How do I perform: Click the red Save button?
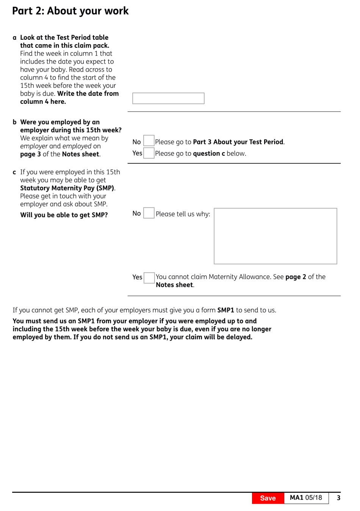[x=268, y=498]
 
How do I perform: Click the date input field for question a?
[x=168, y=98]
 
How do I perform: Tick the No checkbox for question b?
[x=149, y=141]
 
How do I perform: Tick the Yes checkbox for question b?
[x=149, y=153]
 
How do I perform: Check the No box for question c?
[x=149, y=213]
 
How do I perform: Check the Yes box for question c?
[x=149, y=278]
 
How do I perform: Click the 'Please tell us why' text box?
[x=275, y=236]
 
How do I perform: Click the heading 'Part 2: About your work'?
[x=70, y=11]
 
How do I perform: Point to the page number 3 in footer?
[x=338, y=498]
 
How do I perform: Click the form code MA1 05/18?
[x=306, y=498]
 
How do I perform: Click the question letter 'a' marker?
[x=14, y=38]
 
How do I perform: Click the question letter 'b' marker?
[x=14, y=122]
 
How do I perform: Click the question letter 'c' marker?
[x=14, y=172]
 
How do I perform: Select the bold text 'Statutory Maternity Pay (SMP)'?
[x=67, y=188]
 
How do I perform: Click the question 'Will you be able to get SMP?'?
[x=64, y=215]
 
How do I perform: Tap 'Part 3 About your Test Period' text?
[x=238, y=142]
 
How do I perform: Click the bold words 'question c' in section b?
[x=209, y=154]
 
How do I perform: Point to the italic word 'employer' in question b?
[x=34, y=146]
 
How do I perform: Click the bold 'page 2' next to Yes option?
[x=296, y=277]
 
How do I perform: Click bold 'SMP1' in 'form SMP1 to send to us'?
[x=225, y=310]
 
